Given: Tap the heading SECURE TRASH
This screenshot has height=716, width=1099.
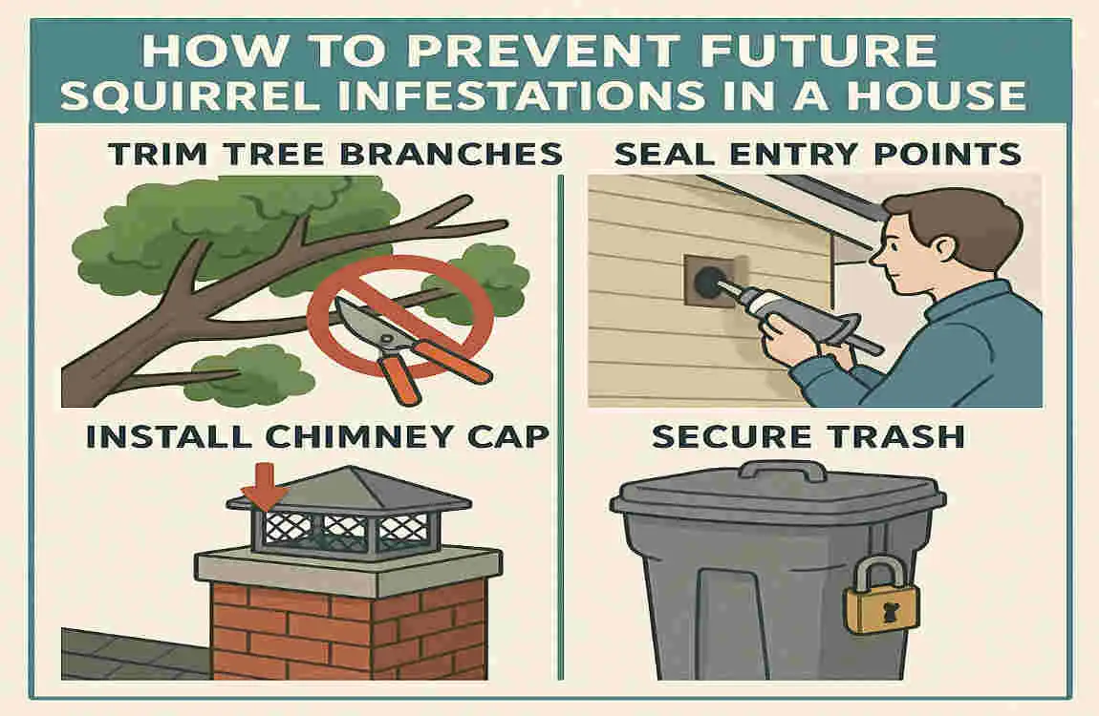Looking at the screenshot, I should point(807,437).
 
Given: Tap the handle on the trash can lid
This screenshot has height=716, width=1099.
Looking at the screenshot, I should point(783,471).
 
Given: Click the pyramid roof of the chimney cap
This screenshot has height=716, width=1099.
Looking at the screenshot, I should point(348,489).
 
